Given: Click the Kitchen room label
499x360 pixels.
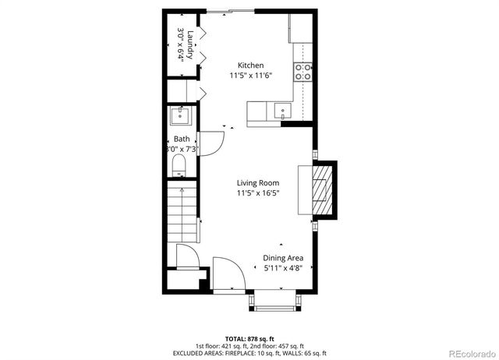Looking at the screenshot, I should [x=250, y=65].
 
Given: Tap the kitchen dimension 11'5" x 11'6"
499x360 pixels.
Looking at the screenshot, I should [x=250, y=76].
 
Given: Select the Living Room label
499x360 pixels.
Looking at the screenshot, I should [x=258, y=183].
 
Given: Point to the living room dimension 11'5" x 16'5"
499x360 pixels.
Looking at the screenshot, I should [x=258, y=193].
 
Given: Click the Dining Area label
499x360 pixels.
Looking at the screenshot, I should [x=282, y=258].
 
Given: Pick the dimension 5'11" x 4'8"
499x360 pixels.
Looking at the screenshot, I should [x=282, y=268].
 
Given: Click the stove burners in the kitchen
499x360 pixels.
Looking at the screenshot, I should [x=303, y=72].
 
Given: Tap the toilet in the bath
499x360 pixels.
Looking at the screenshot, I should [x=179, y=164].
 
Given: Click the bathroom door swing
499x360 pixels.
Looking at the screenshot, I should [x=212, y=143].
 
